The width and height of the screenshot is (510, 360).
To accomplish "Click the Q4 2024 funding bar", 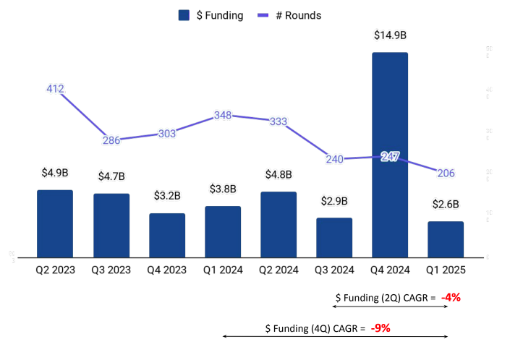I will [390, 155].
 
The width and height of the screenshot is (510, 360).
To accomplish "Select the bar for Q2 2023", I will [55, 223].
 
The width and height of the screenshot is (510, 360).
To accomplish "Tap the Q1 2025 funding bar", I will [446, 239].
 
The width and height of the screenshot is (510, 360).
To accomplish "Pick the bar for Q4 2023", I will [167, 235].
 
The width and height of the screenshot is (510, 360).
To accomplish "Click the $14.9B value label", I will [390, 35].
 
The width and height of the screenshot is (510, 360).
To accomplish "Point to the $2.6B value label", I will [446, 205].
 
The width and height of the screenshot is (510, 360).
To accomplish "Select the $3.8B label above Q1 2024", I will [223, 189].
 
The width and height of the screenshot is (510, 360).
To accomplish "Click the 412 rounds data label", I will [55, 90].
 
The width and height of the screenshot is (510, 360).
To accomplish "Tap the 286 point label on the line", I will [111, 140].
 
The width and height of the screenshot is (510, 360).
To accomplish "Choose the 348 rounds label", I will [223, 116].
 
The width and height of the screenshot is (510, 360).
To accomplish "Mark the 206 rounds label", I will [446, 173].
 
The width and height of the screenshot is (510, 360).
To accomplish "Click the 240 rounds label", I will [334, 159].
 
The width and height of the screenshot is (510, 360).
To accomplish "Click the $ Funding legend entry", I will [211, 14].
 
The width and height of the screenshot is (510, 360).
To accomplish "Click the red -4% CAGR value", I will [451, 296].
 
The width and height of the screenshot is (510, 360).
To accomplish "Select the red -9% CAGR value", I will [381, 327].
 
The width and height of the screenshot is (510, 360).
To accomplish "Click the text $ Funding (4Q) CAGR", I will [315, 328].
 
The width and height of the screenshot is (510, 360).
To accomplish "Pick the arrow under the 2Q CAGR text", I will [386, 307].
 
